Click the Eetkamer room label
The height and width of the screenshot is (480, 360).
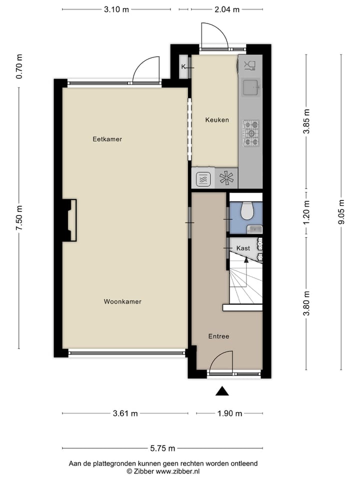coord(107,139)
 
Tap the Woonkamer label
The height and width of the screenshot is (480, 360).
coord(122,301)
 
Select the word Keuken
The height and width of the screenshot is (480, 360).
coord(217,120)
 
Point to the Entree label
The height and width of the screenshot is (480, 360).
coord(218,336)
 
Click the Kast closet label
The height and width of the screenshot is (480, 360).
coord(243,248)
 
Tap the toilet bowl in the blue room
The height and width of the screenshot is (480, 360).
coord(247,210)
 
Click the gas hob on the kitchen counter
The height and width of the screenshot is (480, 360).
coord(251,133)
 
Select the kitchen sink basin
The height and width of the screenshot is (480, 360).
coord(251,87)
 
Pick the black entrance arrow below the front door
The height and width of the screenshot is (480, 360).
coord(222,391)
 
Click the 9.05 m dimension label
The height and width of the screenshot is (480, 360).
coord(341,212)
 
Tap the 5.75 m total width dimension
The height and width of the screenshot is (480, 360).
coord(162,448)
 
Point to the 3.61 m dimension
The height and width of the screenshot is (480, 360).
coord(125,413)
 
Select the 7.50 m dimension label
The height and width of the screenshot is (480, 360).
coord(19,218)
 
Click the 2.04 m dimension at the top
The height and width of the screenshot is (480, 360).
coord(227,9)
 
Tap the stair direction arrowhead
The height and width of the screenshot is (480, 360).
coord(246,260)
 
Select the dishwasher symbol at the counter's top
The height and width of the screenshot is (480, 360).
coord(250,65)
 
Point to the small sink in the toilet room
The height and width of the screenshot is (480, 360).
coord(254,229)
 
